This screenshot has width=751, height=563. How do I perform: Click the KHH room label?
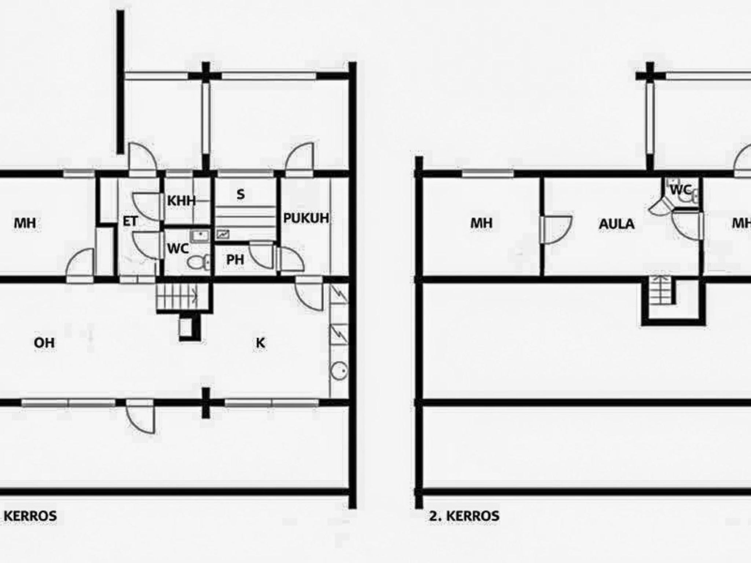click(181, 201)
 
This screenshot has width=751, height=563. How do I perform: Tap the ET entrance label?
click(130, 221)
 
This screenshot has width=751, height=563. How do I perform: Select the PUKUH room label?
click(306, 218)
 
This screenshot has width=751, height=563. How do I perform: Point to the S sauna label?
click(241, 195)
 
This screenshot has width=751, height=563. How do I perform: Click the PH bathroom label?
click(235, 260)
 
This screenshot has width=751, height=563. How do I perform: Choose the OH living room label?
click(44, 343)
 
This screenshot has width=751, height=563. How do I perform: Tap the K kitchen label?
click(260, 343)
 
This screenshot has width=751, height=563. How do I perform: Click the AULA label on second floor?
click(616, 224)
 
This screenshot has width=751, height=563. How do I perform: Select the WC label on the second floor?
click(681, 190)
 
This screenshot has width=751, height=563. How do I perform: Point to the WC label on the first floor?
click(178, 249)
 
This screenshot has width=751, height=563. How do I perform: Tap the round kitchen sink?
click(339, 371)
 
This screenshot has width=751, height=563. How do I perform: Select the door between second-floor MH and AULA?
click(556, 230)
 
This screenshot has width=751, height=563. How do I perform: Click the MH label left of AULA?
click(481, 223)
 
